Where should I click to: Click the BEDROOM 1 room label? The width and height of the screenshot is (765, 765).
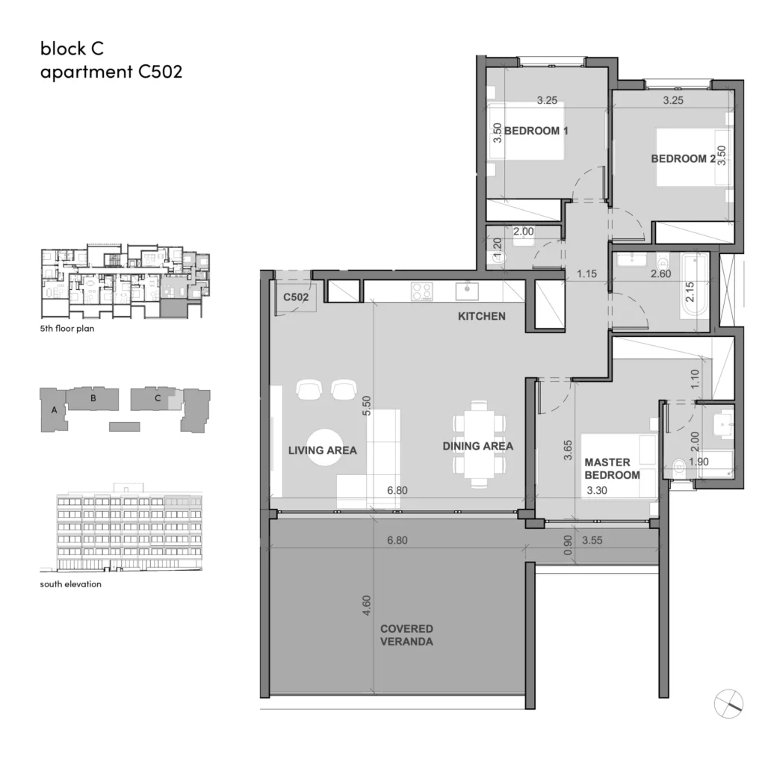536,131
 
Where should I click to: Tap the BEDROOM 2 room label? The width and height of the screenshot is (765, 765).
683,158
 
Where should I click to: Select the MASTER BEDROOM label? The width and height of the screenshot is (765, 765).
612,468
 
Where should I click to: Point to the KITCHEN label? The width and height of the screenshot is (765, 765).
482,316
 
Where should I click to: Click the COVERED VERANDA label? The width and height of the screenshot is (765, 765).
406,635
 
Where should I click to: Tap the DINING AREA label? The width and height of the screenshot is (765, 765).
477,446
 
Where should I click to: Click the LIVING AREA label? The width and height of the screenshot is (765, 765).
323,450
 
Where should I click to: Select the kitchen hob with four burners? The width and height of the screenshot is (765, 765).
422,292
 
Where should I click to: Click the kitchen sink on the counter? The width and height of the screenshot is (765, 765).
467,291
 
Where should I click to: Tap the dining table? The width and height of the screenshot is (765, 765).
479,445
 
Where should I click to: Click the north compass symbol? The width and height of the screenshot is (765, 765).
728,704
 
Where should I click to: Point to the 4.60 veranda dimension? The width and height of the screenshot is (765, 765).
366,605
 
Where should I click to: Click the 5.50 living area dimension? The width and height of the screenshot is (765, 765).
366,406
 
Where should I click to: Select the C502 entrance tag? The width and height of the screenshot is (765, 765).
296,297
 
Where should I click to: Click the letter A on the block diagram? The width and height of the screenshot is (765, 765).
54,410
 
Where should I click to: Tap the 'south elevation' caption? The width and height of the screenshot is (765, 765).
71,584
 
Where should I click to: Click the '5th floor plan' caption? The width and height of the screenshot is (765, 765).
67,329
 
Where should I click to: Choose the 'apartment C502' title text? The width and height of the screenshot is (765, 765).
111,72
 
